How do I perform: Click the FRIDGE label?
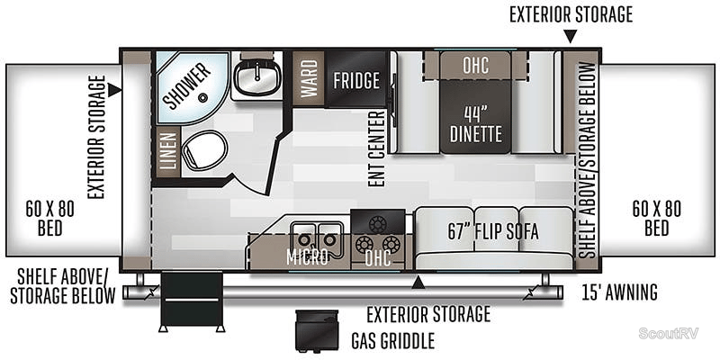(x=356, y=80)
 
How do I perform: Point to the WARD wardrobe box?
(x=309, y=80)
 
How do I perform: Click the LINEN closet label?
(x=166, y=150)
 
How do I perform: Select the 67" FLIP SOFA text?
(x=493, y=231)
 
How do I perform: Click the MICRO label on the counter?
(x=307, y=258)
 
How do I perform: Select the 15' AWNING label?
(x=618, y=292)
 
